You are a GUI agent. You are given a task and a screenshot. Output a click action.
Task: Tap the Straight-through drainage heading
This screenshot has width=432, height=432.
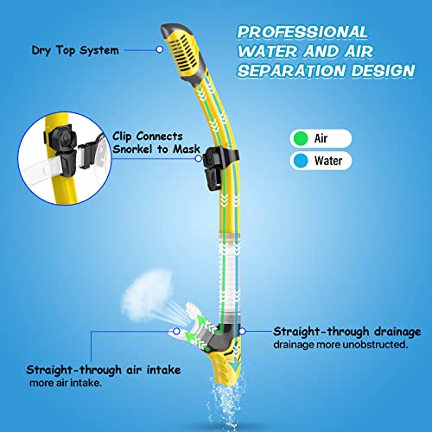(346, 331)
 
